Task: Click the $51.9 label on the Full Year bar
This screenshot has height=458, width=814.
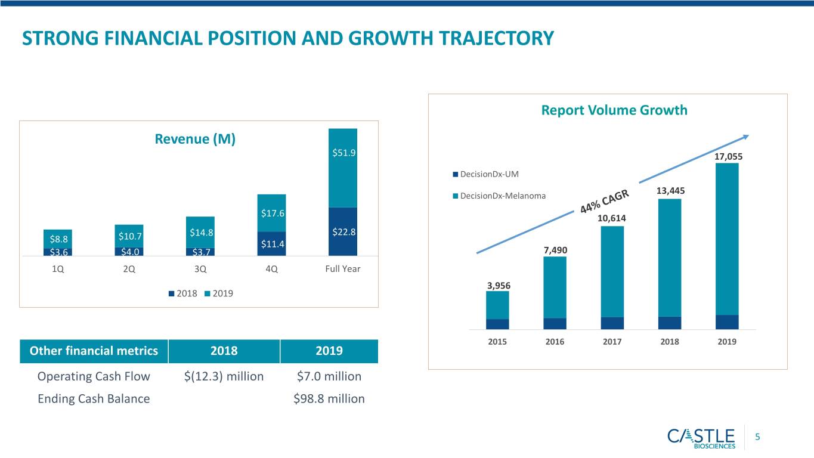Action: (x=343, y=153)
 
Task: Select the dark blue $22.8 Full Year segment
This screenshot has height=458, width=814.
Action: (x=343, y=231)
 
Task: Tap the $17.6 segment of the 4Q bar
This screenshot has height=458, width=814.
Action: (x=271, y=213)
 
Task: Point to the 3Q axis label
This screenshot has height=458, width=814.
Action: (x=200, y=269)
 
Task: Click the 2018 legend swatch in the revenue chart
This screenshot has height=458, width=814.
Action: (x=172, y=293)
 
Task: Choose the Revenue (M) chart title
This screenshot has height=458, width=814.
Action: (x=195, y=139)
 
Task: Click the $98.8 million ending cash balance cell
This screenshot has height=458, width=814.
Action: (x=329, y=399)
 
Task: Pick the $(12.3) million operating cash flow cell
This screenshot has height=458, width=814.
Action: (x=224, y=376)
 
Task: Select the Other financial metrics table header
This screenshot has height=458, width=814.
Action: (x=94, y=351)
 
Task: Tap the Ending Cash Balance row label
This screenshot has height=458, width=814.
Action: (x=94, y=399)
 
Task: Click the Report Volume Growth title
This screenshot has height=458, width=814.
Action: (x=614, y=110)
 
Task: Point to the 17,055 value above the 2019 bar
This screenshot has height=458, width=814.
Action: (x=728, y=157)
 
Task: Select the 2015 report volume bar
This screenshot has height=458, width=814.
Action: (x=497, y=311)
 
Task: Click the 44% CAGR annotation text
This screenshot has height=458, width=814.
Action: (x=604, y=202)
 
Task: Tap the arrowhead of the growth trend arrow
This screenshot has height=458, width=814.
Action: (x=746, y=137)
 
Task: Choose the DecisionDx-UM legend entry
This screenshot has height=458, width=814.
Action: (x=486, y=174)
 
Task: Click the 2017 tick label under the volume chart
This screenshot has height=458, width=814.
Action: (x=612, y=342)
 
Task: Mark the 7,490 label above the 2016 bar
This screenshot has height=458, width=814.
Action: (x=555, y=250)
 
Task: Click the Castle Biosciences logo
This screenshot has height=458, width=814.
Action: (x=701, y=438)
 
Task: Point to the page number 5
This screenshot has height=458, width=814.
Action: (x=757, y=437)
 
